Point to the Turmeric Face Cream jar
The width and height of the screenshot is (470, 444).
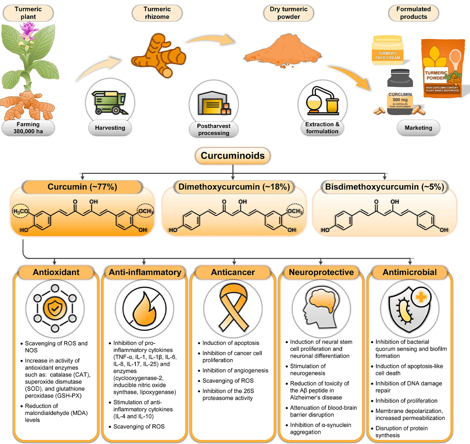pyautogui.click(x=387, y=50)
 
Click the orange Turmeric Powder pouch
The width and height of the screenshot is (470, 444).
pyautogui.click(x=442, y=68)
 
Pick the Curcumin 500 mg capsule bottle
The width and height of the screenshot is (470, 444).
pyautogui.click(x=400, y=92)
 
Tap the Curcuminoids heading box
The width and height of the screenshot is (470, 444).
pyautogui.click(x=233, y=156)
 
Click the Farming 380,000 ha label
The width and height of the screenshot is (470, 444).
pyautogui.click(x=28, y=128)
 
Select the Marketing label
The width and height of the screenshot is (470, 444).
pyautogui.click(x=418, y=128)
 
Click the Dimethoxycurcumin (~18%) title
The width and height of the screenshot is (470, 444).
pyautogui.click(x=234, y=187)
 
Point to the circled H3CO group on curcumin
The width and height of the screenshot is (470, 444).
pyautogui.click(x=21, y=211)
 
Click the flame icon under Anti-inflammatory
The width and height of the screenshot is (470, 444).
pyautogui.click(x=145, y=309)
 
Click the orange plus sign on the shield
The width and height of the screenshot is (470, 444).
pyautogui.click(x=421, y=297)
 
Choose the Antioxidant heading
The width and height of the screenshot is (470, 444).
pyautogui.click(x=56, y=272)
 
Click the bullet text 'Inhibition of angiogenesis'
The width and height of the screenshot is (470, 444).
pyautogui.click(x=235, y=370)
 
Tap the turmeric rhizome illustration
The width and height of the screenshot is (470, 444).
pyautogui.click(x=159, y=56)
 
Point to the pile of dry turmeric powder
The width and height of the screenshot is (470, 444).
pyautogui.click(x=282, y=51)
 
